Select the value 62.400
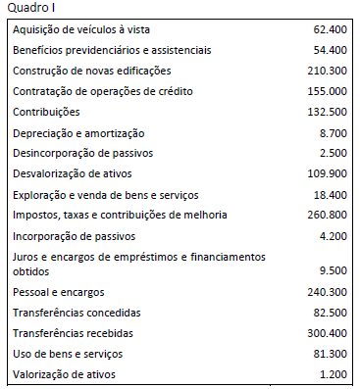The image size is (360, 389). pyautogui.click(x=329, y=29)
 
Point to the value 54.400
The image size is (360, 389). pyautogui.click(x=329, y=50)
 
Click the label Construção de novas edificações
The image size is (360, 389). pyautogui.click(x=91, y=71)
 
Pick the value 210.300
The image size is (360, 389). pyautogui.click(x=326, y=71)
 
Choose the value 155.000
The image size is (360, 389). pyautogui.click(x=326, y=91)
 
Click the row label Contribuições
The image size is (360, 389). pyautogui.click(x=48, y=112)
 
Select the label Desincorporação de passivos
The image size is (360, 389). pyautogui.click(x=82, y=153)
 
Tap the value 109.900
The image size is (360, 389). pyautogui.click(x=326, y=173)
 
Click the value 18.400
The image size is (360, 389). pyautogui.click(x=329, y=194)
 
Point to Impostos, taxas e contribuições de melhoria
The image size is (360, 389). pyautogui.click(x=120, y=215)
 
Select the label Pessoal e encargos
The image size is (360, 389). pyautogui.click(x=59, y=292)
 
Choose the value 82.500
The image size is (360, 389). pyautogui.click(x=329, y=313)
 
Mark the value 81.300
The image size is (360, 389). pyautogui.click(x=329, y=354)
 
